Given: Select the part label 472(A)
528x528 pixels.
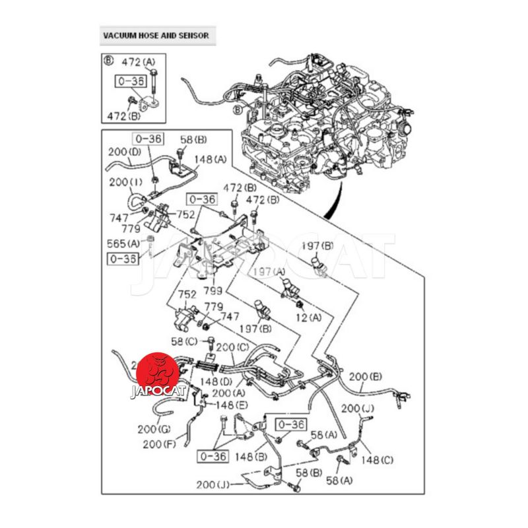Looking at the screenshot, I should point(139,62).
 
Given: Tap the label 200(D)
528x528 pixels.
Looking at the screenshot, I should point(125,152).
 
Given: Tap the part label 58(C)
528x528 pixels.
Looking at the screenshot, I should point(184,341).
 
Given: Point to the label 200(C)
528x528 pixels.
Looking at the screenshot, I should point(233,348).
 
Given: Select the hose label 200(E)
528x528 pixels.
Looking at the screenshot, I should point(366,377).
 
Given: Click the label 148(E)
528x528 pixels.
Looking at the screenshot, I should point(232,405).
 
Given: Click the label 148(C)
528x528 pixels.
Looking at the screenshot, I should point(377,460).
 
